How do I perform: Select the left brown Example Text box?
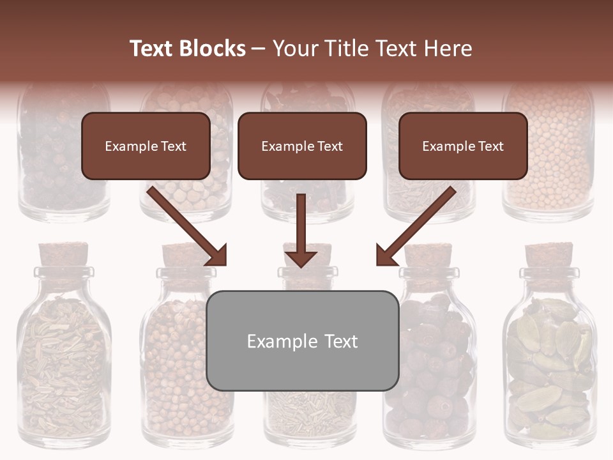point(146,146)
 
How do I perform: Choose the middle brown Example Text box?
point(302,146)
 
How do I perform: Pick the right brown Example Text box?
point(463,146)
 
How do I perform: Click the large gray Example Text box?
point(302,341)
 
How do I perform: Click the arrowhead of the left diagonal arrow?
point(217,256)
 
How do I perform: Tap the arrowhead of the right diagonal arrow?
point(386,256)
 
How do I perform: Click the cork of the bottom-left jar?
point(63,254)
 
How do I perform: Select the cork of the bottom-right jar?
point(549,254)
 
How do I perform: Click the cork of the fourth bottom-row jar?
point(428,254)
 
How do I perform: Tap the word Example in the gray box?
point(278,341)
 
